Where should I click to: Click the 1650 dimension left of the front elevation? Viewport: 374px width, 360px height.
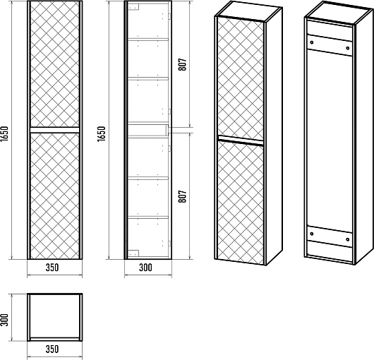(x=4, y=133)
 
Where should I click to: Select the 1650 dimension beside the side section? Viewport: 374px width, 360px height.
(x=102, y=133)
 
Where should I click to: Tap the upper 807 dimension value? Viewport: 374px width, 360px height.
(x=183, y=64)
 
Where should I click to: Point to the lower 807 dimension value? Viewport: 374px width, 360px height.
(x=183, y=196)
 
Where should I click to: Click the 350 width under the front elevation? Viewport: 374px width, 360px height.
(x=52, y=268)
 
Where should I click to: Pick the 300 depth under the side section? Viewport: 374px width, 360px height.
(x=145, y=268)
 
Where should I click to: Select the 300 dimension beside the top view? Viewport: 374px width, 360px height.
(x=4, y=320)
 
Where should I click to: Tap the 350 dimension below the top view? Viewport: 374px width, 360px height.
(x=52, y=349)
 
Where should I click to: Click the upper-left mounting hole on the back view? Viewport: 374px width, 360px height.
(x=311, y=42)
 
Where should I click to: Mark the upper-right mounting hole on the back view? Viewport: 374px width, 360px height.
(x=347, y=48)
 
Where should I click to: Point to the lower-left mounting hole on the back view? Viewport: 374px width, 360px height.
(x=311, y=234)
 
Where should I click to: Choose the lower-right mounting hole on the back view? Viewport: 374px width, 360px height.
(x=347, y=239)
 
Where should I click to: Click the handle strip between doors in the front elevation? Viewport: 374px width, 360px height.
(x=54, y=130)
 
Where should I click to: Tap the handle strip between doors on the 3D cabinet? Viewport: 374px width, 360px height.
(x=241, y=140)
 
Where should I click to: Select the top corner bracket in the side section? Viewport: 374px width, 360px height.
(x=133, y=6)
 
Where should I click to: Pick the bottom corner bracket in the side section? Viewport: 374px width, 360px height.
(x=133, y=253)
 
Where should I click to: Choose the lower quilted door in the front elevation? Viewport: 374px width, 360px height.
(x=54, y=196)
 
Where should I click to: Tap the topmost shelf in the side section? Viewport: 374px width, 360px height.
(x=148, y=39)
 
